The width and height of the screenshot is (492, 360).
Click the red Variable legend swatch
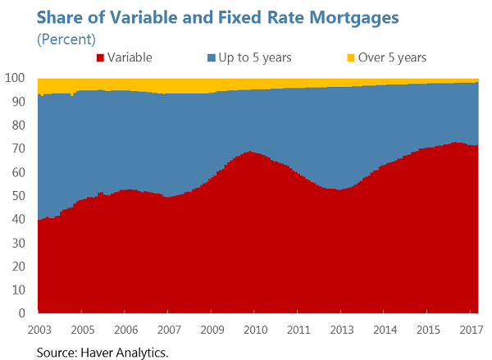click(100, 57)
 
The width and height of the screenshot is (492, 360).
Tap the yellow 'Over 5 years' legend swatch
click(350, 57)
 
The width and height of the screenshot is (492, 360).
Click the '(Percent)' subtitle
click(66, 38)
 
